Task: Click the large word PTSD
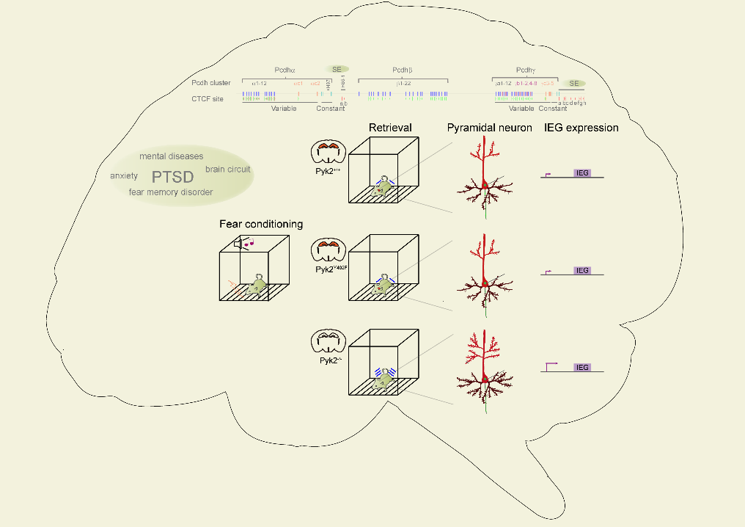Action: point(172,177)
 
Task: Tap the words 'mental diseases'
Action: point(172,156)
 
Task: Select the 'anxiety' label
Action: point(124,176)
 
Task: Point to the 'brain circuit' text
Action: point(227,170)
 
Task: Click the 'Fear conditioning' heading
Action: point(261,223)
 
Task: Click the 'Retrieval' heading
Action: point(390,128)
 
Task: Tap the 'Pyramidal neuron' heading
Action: point(490,128)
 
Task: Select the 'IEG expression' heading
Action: point(581,128)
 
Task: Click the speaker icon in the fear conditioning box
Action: point(239,243)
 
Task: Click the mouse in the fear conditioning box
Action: point(256,284)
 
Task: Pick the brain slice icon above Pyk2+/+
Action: point(329,152)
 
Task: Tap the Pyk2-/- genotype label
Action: point(328,362)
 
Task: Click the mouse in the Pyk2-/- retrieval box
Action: point(382,381)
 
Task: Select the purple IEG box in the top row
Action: point(582,173)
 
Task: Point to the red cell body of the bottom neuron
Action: point(485,380)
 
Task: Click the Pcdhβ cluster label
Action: point(403,70)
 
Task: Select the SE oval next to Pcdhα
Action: point(337,69)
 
